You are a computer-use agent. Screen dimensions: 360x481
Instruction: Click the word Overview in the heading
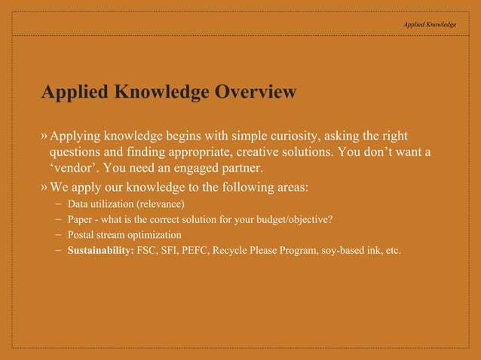(256, 93)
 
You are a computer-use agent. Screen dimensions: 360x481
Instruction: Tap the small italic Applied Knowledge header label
(430, 24)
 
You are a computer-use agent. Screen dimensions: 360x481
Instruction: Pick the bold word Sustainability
(101, 250)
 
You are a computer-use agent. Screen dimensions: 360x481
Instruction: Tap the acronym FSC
(148, 250)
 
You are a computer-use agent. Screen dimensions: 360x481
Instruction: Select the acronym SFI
(171, 250)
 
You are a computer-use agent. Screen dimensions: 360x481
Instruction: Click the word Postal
(81, 235)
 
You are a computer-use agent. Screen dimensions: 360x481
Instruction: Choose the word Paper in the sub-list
(79, 220)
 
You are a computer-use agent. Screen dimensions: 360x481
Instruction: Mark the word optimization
(155, 235)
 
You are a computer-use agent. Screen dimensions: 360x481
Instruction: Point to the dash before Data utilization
(58, 204)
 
